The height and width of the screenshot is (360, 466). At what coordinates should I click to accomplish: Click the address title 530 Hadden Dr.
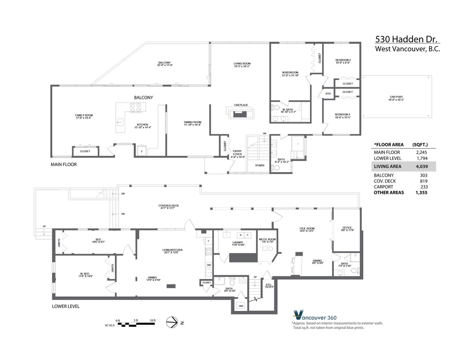406,39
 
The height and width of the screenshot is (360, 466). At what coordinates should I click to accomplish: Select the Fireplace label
241,105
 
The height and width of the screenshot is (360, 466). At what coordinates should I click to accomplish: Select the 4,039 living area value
421,167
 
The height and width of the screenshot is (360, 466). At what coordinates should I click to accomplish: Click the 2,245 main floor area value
421,152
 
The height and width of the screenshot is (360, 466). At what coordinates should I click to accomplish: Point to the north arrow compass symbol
172,322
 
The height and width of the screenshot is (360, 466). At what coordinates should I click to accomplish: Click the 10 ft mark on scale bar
152,320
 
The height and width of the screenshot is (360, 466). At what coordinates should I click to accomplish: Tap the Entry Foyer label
237,153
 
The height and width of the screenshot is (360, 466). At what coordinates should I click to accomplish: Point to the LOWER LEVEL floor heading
66,306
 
